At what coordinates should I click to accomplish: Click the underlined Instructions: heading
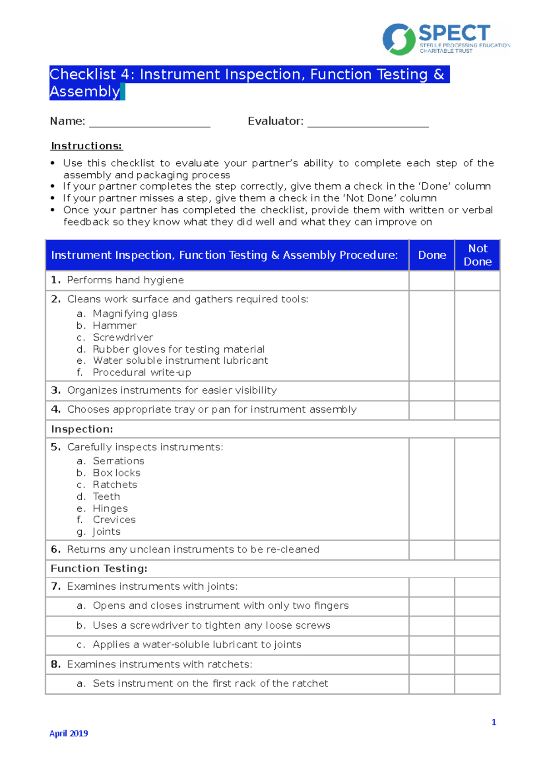86,146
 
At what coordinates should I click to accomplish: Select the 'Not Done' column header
477,255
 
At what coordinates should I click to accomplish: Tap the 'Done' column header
432,255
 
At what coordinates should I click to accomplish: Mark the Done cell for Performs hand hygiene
431,281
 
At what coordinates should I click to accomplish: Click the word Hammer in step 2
114,326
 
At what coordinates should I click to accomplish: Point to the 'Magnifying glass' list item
135,314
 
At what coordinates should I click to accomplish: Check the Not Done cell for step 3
477,391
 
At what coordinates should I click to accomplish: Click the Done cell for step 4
431,410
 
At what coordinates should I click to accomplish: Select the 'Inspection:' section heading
82,429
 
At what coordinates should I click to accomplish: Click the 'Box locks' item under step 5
116,473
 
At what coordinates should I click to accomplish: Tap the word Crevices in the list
114,520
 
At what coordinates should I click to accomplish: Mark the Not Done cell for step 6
477,550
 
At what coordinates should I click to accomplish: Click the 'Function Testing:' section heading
99,568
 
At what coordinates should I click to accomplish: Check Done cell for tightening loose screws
431,626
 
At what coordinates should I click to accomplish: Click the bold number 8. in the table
56,664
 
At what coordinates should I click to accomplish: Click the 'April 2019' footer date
69,733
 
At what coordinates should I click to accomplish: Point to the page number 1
494,722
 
